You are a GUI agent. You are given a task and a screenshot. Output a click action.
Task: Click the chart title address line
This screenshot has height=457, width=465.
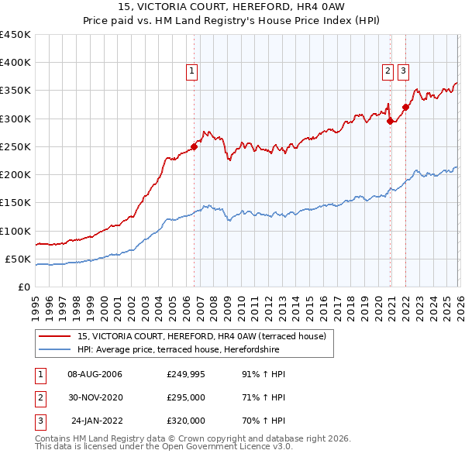(x=232, y=7)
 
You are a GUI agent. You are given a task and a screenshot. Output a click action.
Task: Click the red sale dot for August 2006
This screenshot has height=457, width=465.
(x=194, y=146)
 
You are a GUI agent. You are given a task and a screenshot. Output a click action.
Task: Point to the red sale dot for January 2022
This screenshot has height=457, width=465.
(x=405, y=108)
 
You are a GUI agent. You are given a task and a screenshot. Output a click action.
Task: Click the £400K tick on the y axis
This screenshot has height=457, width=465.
(x=15, y=63)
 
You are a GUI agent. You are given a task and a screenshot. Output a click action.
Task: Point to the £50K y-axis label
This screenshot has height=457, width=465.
(x=18, y=259)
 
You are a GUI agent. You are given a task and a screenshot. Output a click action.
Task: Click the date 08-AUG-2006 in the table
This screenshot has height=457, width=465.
(x=95, y=374)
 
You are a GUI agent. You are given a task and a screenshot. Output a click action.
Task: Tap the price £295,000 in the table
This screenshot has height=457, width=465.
(x=186, y=397)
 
